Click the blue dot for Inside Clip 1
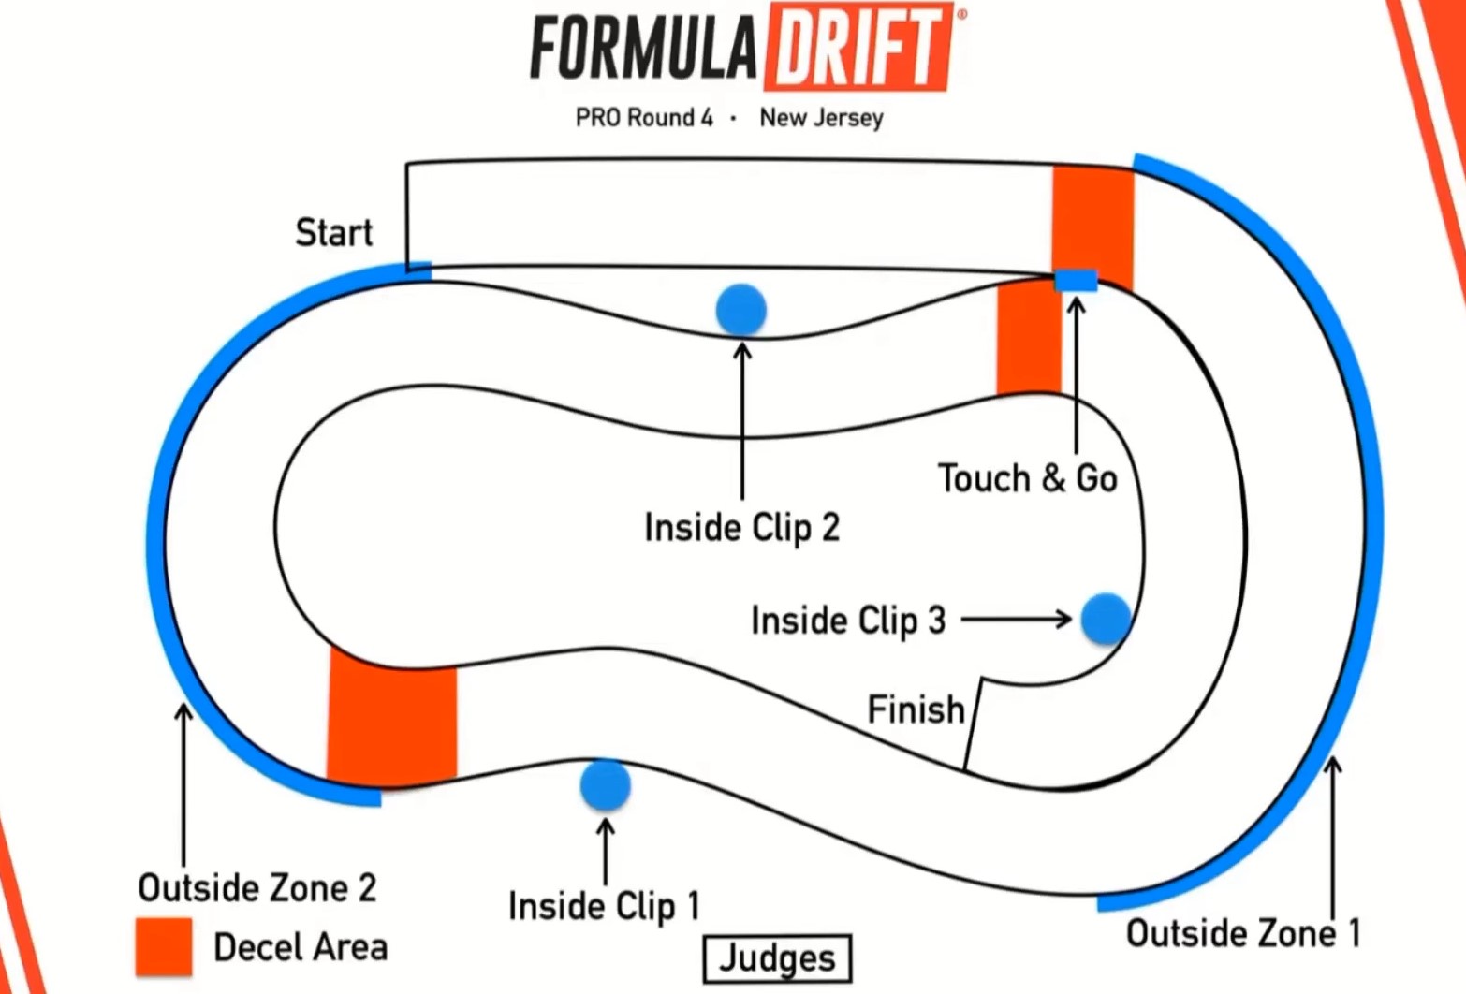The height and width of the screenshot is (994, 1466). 605,784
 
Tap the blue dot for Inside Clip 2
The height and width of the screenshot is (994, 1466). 740,310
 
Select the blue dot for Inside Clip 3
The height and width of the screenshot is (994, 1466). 1106,619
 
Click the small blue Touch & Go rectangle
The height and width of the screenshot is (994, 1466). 1076,280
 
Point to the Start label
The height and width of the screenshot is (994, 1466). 333,232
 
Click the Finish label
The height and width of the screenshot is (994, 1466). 916,709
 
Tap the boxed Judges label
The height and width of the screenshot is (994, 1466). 777,958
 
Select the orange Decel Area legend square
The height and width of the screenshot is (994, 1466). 164,946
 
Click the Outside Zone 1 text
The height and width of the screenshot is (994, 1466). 1242,933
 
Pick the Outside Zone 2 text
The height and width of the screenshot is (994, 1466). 257,887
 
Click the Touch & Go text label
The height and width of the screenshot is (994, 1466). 1027,478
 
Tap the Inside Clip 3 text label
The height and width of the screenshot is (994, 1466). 848,620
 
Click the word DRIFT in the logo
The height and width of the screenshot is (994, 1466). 859,47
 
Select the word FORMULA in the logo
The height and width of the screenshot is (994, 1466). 644,49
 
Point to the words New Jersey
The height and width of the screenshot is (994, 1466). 821,118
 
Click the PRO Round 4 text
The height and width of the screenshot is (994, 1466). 644,118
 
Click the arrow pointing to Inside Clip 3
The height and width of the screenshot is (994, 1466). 1017,619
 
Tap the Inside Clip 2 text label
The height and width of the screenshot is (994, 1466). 741,527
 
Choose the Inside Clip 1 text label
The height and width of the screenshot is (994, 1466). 604,905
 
